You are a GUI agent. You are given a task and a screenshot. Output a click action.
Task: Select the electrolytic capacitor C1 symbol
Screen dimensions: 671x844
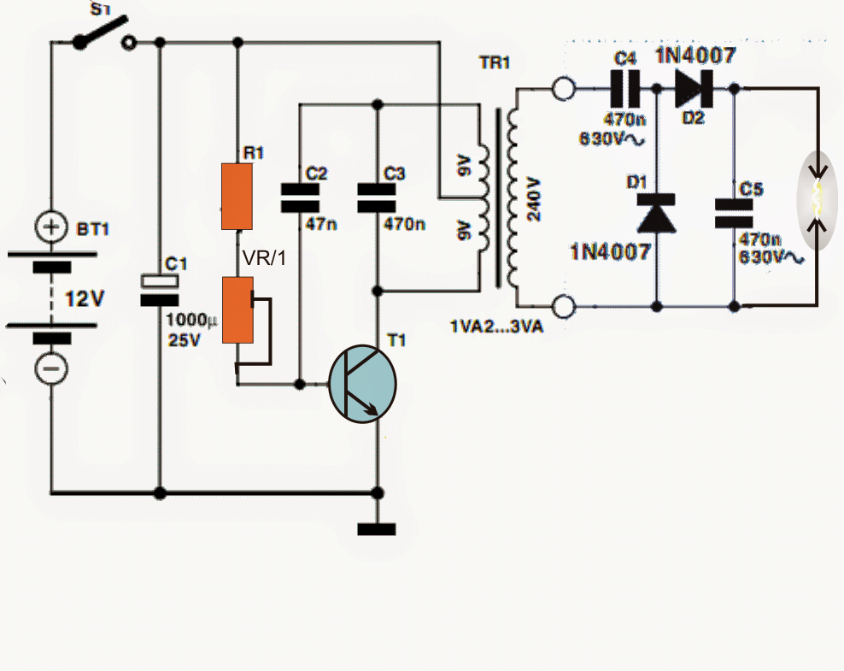160,289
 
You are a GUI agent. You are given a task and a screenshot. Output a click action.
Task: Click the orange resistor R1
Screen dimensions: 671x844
237,197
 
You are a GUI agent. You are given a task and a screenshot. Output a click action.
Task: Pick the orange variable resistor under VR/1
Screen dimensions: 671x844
237,309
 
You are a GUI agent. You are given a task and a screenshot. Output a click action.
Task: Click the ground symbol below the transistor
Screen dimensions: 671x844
377,527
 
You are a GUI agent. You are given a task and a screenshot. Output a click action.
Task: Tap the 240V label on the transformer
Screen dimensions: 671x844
535,199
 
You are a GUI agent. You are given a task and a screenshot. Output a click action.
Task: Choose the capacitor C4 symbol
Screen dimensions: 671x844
628,87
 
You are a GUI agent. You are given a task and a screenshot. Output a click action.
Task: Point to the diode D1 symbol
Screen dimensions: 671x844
656,213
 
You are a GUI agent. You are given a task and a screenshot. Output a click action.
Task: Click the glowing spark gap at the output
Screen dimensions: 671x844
817,197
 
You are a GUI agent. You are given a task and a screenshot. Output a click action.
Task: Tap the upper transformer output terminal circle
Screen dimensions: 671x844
563,88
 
